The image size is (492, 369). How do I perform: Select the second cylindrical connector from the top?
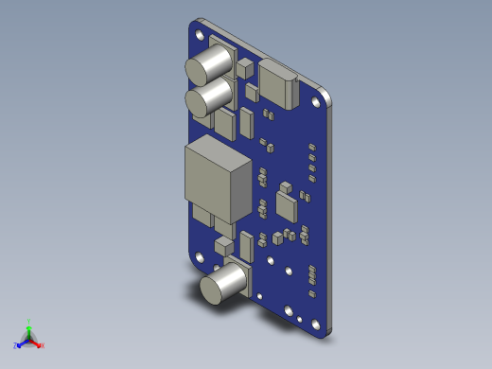[208, 97]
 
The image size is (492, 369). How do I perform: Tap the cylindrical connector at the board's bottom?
[223, 286]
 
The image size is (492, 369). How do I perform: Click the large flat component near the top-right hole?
[278, 82]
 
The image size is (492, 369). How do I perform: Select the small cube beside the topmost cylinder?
[246, 67]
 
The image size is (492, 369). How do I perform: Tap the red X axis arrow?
[37, 343]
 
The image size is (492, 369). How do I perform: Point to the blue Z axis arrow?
[22, 342]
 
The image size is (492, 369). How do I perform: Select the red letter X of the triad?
[43, 345]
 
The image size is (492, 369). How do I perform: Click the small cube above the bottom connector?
[224, 246]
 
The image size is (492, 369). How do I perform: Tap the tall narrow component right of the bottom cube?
[246, 245]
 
